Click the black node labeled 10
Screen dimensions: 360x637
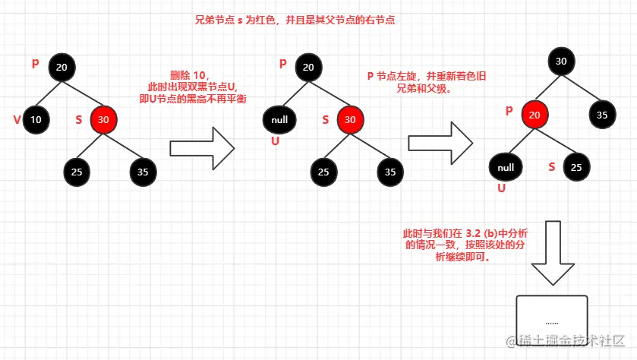click(x=36, y=119)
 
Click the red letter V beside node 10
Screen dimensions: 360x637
click(x=16, y=118)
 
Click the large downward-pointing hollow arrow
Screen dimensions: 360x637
click(x=552, y=254)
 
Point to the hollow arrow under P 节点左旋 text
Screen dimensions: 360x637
click(x=441, y=142)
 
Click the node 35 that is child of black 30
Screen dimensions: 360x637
click(x=602, y=115)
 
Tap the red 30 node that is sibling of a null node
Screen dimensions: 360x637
click(x=350, y=119)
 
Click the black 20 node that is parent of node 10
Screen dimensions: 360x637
click(x=62, y=68)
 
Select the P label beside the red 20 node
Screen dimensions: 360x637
click(x=509, y=112)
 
